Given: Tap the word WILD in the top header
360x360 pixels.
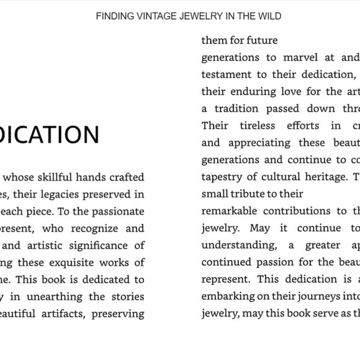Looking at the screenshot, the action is point(268,16).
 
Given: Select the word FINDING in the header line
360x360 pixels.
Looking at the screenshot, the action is point(112,16).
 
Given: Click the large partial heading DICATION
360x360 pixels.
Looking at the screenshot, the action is point(50,135).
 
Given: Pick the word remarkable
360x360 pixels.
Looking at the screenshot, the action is point(230,211).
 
